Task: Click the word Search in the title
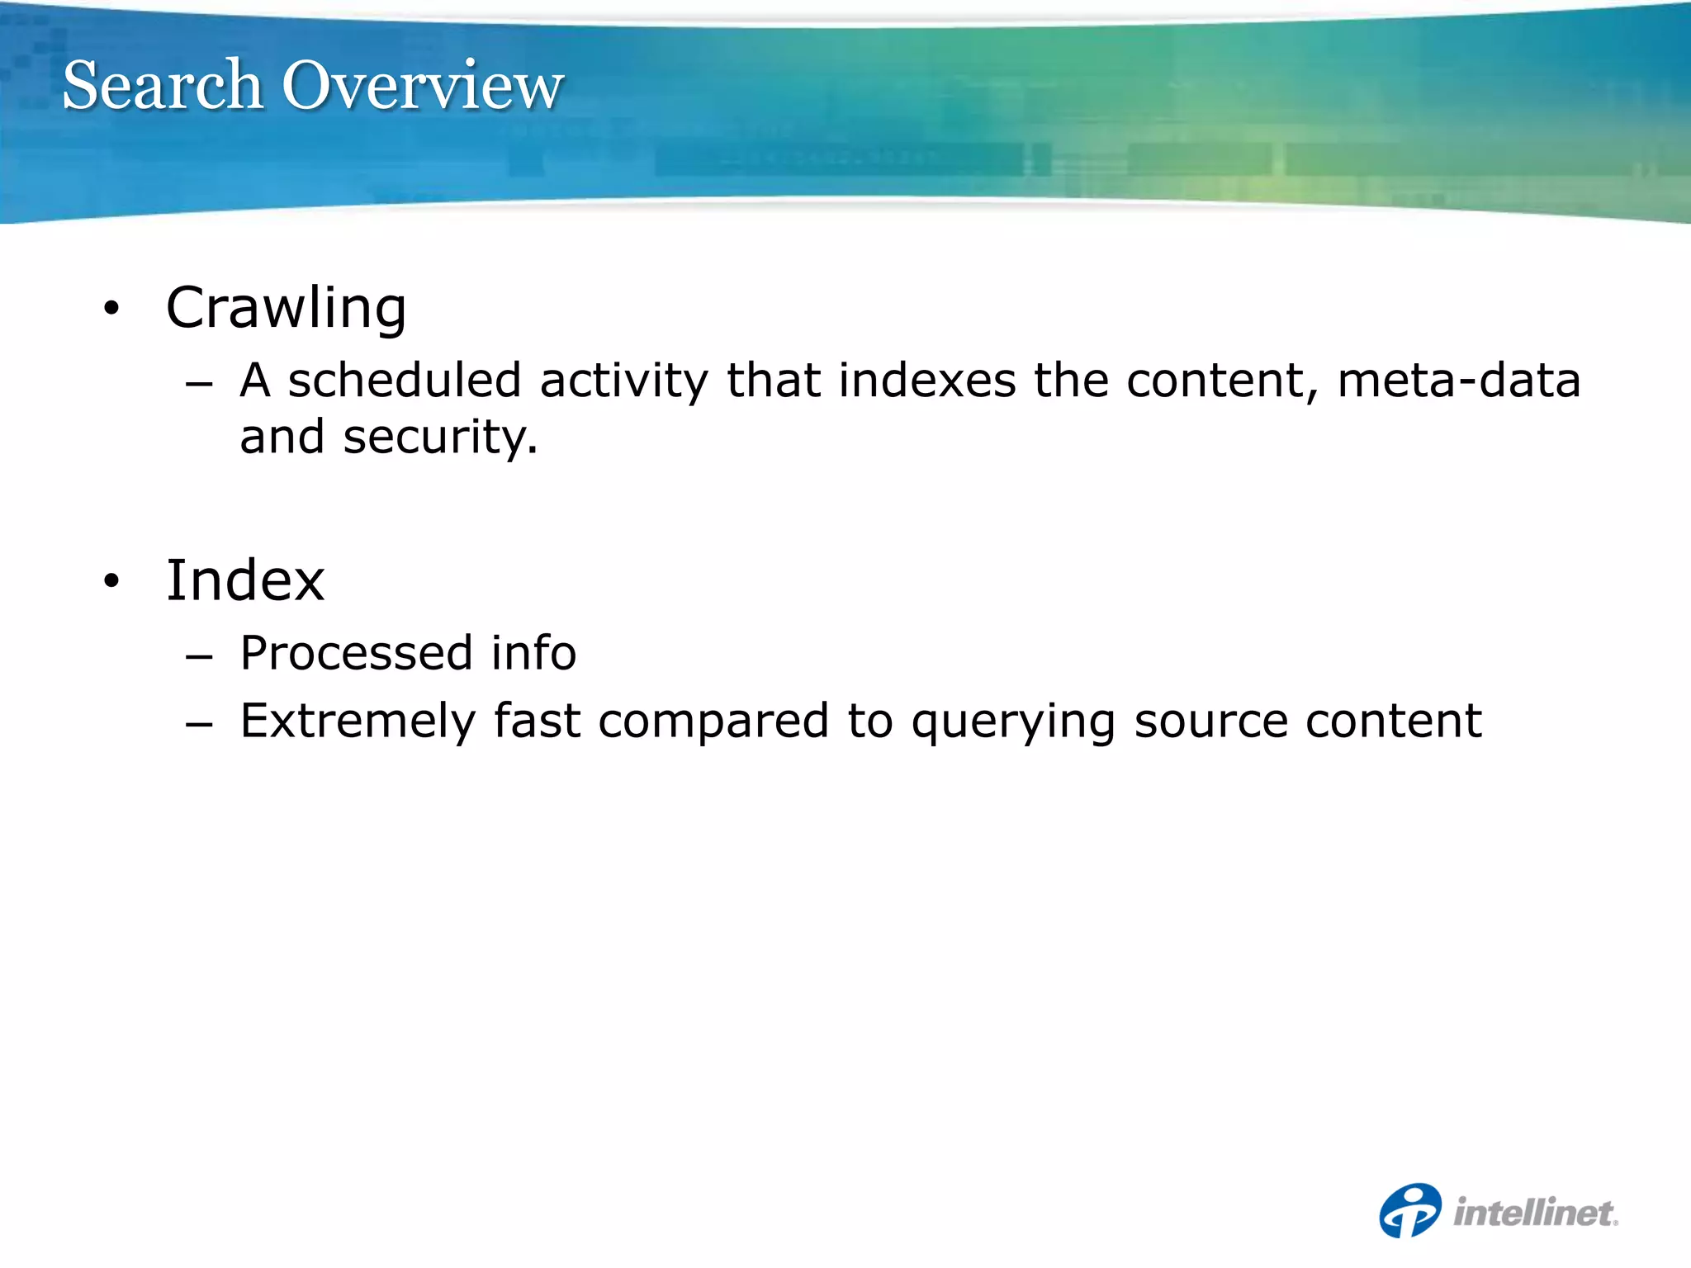pos(163,85)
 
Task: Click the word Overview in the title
pos(423,85)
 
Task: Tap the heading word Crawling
pos(286,308)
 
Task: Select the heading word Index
pos(245,580)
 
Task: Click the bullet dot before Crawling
pos(111,310)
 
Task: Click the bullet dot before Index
pos(111,582)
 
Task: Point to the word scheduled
pos(405,381)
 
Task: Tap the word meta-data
pos(1458,381)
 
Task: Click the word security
pos(439,438)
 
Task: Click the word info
pos(533,653)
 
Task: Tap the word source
pos(1210,722)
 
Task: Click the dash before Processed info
pos(199,657)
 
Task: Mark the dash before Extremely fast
pos(199,725)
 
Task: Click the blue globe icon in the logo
pos(1410,1211)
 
